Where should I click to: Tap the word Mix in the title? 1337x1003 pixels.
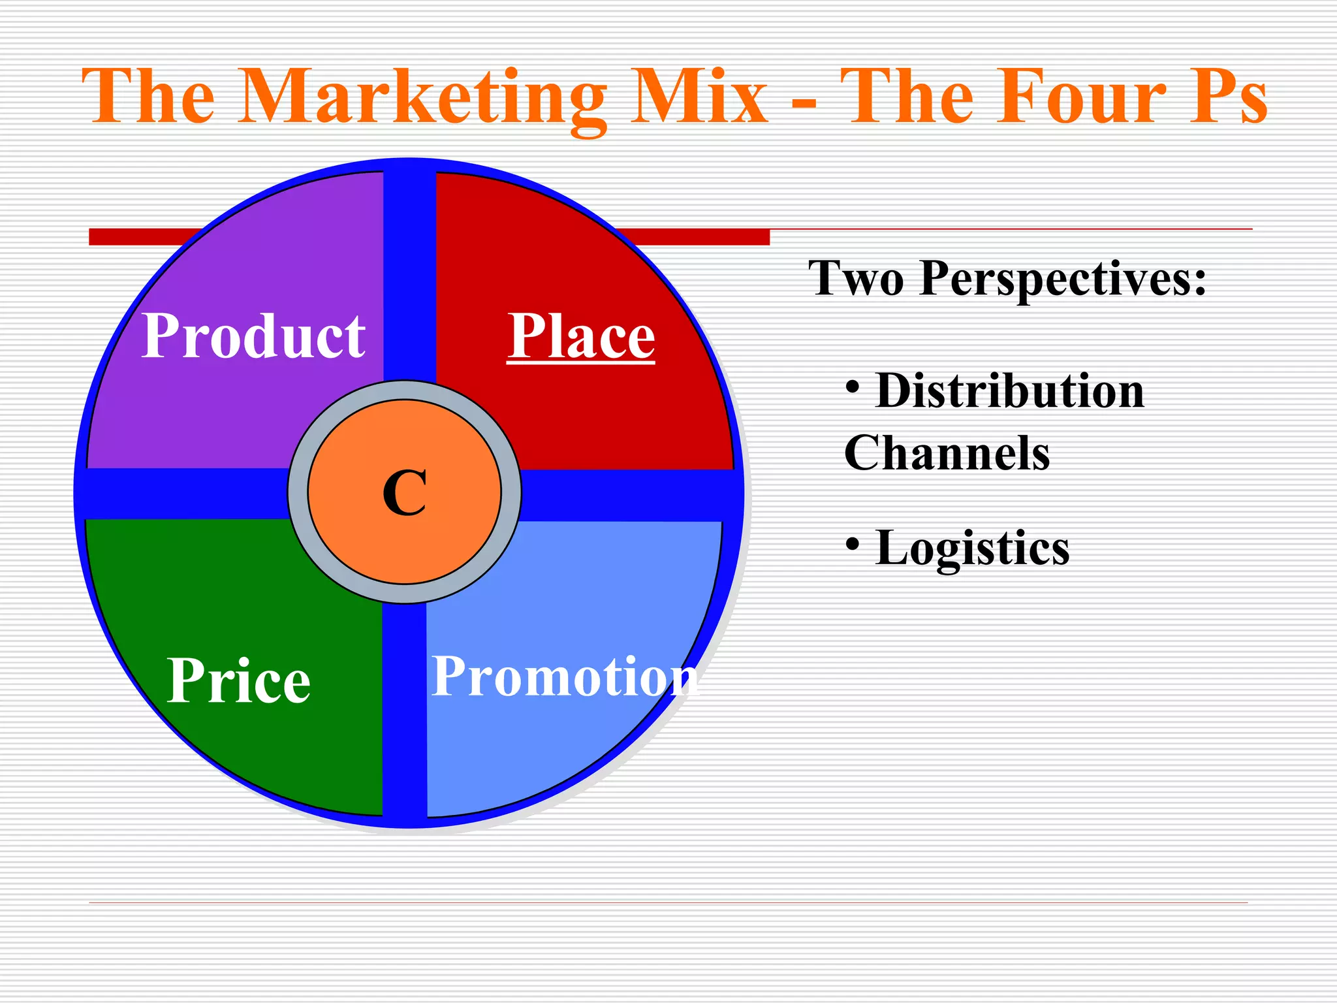(699, 98)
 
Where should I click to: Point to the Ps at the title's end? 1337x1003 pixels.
(1228, 98)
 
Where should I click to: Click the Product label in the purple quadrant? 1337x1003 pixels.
(253, 336)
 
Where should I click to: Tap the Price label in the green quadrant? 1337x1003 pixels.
(238, 680)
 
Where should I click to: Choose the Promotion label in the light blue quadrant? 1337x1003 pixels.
(565, 677)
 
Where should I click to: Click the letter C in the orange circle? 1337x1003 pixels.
(405, 493)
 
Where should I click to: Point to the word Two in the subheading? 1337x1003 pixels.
(856, 279)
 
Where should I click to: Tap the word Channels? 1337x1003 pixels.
(947, 453)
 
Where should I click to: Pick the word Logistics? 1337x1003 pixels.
(972, 547)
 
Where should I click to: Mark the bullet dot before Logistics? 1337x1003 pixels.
(852, 543)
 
